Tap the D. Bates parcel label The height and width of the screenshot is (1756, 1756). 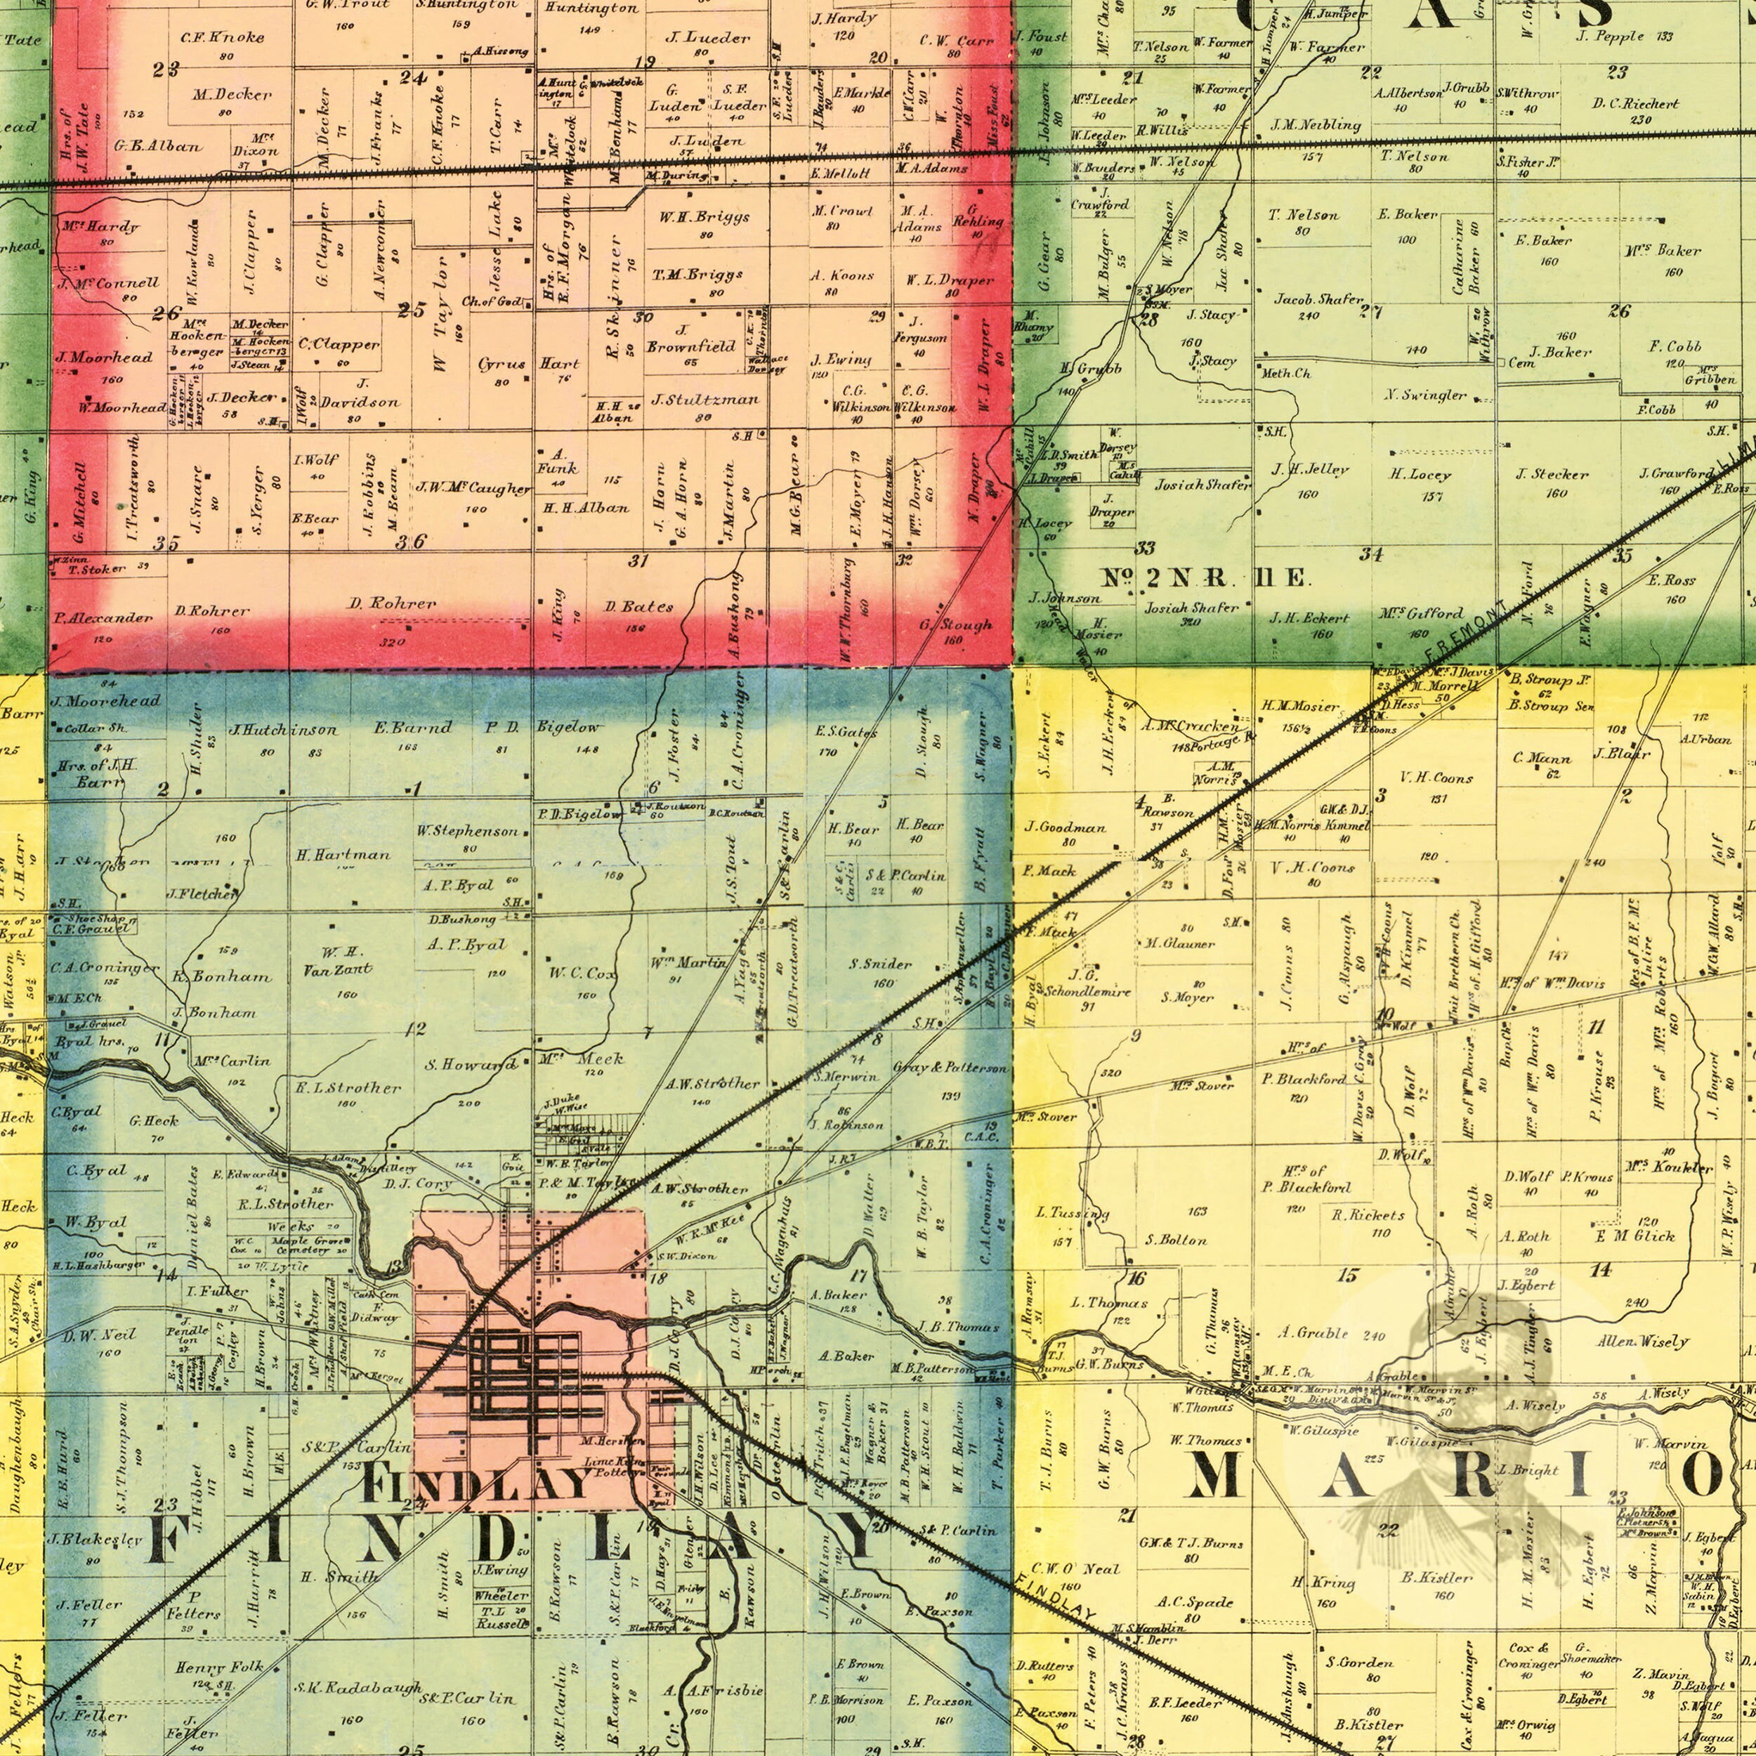click(x=640, y=606)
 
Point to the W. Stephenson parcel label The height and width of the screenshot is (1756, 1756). click(x=467, y=831)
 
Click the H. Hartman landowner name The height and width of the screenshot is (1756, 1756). click(x=343, y=856)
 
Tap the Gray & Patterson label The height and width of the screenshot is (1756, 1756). click(x=950, y=1067)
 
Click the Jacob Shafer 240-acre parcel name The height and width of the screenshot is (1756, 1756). click(x=1318, y=300)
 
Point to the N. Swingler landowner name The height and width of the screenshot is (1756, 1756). click(x=1425, y=395)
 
